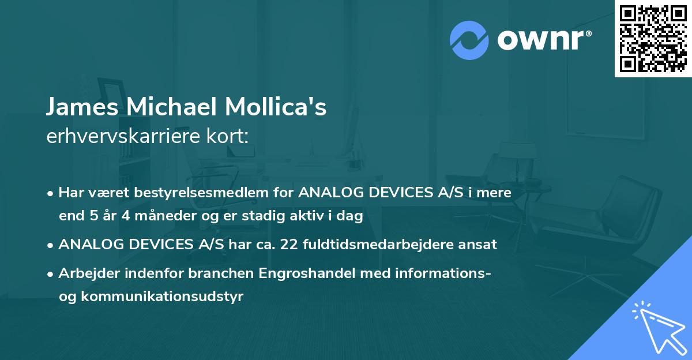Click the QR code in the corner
point(653,39)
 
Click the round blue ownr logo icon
point(469,40)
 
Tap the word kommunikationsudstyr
point(163,297)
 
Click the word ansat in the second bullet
point(479,244)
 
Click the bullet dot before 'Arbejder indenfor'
point(51,273)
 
